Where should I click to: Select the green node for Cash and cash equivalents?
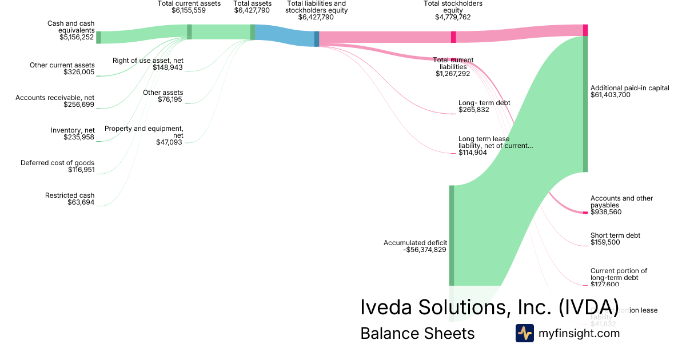[x=98, y=37]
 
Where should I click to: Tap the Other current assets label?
[x=62, y=65]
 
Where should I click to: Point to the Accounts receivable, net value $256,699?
[x=79, y=105]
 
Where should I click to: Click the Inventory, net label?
[x=73, y=130]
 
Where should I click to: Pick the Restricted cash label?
[x=70, y=195]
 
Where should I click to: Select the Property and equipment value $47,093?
[x=169, y=142]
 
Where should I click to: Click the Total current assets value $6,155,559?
[x=189, y=10]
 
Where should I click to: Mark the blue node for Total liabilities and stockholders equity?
[x=317, y=39]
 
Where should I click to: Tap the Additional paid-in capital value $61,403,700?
[x=610, y=95]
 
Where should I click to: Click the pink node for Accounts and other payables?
[x=585, y=213]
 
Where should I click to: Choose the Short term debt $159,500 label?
[x=615, y=239]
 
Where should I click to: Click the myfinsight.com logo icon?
[x=524, y=333]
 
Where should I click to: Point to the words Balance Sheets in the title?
[x=417, y=333]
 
